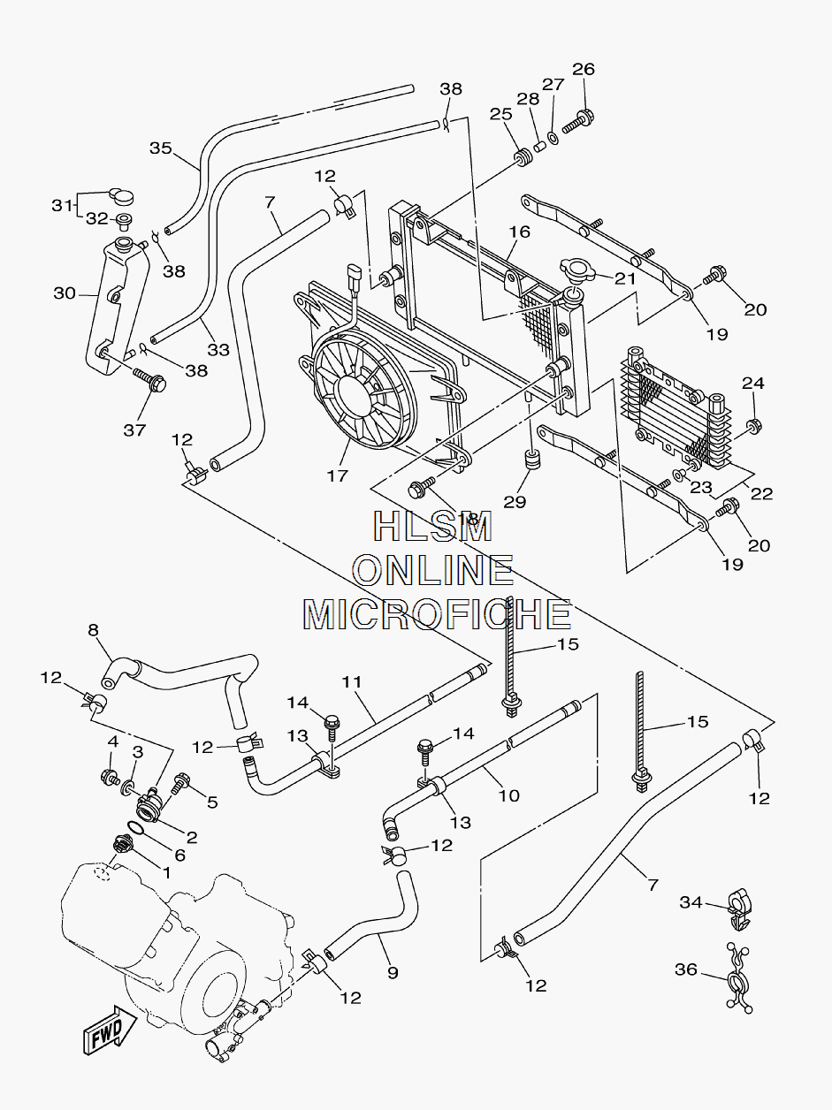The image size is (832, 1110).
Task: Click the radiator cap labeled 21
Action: (x=577, y=268)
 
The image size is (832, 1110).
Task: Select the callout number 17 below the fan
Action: (x=338, y=475)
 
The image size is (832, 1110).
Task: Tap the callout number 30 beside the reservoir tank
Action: (x=65, y=293)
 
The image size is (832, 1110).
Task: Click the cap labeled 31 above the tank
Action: (x=120, y=195)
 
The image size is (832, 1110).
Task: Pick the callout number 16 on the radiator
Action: (x=519, y=232)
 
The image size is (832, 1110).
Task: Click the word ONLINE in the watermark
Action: (x=434, y=569)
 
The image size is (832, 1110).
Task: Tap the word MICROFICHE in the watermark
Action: (x=437, y=614)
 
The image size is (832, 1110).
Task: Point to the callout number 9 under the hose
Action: (x=393, y=972)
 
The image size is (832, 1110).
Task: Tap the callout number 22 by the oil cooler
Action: (x=761, y=493)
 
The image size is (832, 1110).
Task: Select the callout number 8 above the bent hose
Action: (x=93, y=629)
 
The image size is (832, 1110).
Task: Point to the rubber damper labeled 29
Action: (x=530, y=460)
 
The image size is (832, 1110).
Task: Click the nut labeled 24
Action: (x=753, y=426)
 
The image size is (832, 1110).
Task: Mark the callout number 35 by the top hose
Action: (x=161, y=148)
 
